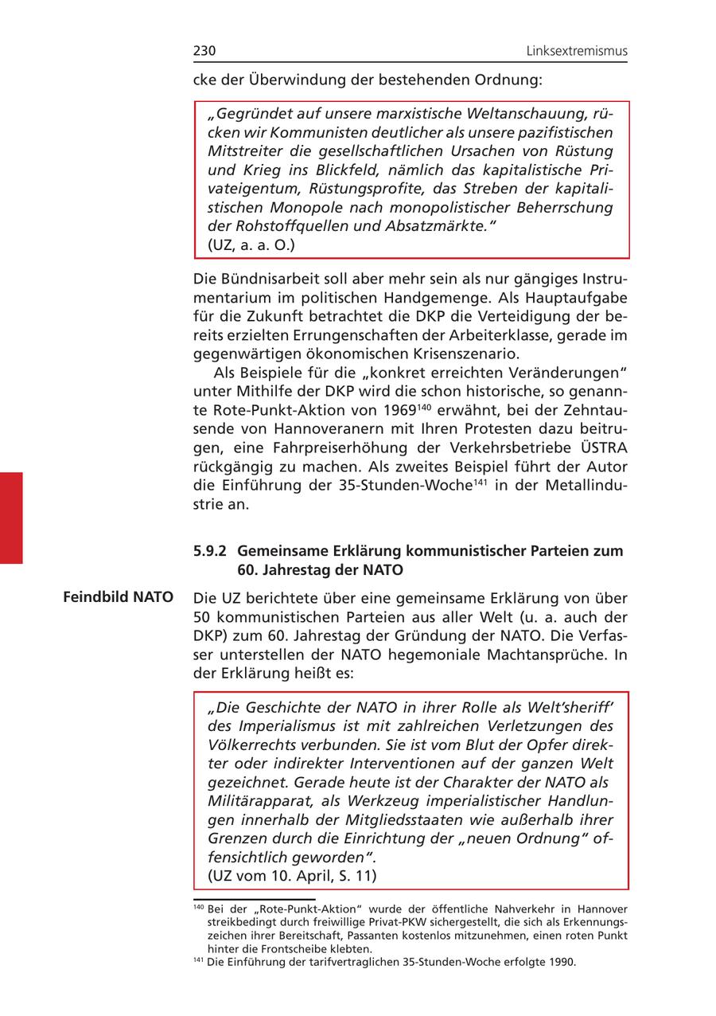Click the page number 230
tap(204, 51)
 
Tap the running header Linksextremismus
tap(577, 51)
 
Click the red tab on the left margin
tap(11, 518)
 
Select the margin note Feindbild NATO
tap(119, 596)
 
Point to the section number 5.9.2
tap(210, 551)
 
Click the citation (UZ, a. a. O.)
tap(251, 245)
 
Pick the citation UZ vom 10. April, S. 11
tap(292, 875)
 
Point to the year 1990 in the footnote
tap(562, 962)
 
